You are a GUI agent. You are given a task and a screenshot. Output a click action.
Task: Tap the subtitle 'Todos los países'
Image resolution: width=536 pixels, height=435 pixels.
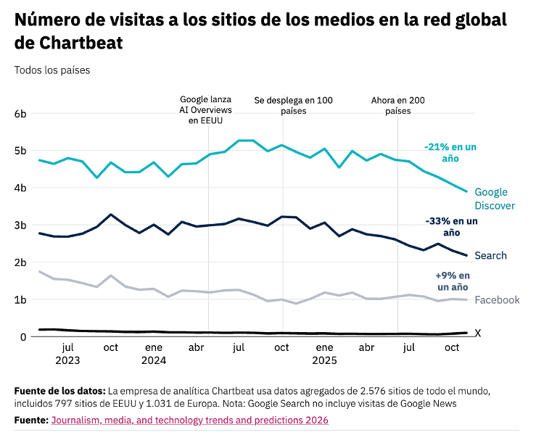(x=51, y=70)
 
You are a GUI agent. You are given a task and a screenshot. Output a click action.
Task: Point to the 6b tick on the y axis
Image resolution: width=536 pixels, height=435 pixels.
(x=20, y=114)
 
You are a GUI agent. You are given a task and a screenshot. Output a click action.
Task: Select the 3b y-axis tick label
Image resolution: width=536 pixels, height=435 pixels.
(x=20, y=225)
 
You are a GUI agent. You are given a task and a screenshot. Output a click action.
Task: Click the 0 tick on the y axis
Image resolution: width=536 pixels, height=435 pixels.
(x=23, y=337)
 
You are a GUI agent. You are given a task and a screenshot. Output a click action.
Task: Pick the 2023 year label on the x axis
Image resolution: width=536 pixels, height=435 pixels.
(x=68, y=360)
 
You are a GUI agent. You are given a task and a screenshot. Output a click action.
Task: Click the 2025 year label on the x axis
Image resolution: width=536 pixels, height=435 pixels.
(x=324, y=360)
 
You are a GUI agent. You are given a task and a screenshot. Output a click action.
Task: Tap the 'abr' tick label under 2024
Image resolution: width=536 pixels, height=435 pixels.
(x=197, y=347)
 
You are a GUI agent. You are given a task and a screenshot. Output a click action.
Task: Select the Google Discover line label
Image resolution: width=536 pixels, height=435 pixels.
(x=494, y=199)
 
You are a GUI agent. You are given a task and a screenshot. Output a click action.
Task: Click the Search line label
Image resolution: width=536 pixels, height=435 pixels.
(x=490, y=255)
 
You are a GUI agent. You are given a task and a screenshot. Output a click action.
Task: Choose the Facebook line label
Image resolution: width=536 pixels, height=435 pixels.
(x=497, y=300)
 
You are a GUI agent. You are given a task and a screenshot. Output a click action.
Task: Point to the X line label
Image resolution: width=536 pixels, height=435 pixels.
(x=477, y=333)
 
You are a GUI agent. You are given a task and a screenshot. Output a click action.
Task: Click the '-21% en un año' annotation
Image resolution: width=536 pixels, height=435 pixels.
(x=450, y=152)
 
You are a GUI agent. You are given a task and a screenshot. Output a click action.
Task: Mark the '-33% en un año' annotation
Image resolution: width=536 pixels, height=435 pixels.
(x=450, y=226)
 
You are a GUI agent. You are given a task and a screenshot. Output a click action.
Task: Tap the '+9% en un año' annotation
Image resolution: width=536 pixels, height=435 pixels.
(x=452, y=281)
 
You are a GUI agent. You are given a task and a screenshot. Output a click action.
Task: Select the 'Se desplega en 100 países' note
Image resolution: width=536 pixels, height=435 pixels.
(x=293, y=106)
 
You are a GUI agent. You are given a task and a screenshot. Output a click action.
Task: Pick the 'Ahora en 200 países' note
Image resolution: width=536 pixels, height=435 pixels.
(x=397, y=106)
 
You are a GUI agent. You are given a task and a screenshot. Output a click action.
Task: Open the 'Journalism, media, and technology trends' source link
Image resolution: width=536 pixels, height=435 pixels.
(x=189, y=420)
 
